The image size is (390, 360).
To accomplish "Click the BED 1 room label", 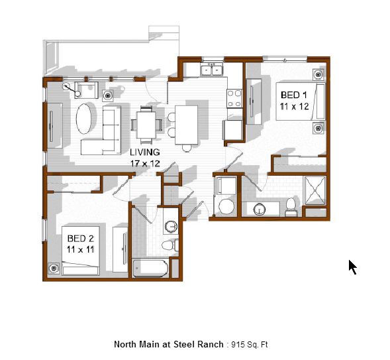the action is point(294,95).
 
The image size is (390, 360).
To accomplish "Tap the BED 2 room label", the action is point(80,239).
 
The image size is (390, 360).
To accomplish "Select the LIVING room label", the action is point(145,152).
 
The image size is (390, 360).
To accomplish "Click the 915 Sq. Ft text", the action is point(250,345).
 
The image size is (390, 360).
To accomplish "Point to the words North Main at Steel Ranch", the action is point(169,344).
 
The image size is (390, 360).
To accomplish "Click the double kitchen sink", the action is point(212,69).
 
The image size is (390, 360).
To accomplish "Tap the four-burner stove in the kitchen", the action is point(234,98).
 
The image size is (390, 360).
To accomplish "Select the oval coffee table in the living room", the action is point(83,119).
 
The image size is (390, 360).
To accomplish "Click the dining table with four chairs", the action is point(146,125).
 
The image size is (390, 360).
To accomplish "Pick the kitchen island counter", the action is point(187,125).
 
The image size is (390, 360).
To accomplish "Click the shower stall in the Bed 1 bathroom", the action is point(315,190).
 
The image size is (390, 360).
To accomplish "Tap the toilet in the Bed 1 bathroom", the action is point(291,207).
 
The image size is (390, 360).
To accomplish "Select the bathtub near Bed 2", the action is point(150,269).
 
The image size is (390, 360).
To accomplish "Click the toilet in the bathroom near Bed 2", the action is point(170,245).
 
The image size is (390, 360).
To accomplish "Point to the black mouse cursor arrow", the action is point(352,267).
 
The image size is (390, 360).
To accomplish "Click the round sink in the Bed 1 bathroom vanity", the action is point(260,209).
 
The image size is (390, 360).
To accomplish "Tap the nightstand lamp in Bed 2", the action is point(54,268).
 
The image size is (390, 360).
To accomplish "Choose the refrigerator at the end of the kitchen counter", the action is point(233,130).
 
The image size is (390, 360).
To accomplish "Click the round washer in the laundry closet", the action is point(226,206).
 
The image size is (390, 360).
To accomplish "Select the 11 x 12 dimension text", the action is point(294,107).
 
